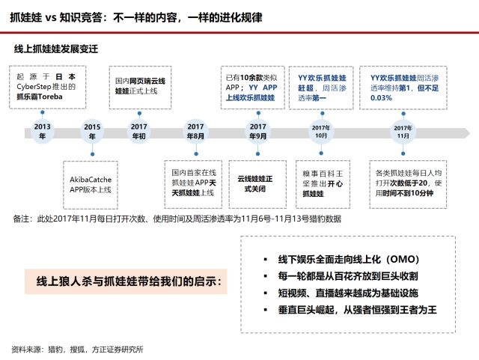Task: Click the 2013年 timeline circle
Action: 42,132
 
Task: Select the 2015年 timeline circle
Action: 92,132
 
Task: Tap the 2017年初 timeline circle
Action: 139,132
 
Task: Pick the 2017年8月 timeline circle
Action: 195,132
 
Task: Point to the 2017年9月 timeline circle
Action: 257,132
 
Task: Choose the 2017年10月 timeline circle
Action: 321,132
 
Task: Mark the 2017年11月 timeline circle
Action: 403,132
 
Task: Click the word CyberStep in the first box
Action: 34,87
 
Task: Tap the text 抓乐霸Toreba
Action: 40,97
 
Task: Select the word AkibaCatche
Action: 91,180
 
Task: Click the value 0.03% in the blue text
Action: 381,98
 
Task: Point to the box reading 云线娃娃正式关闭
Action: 257,184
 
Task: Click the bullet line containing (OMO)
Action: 348,260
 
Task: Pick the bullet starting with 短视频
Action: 347,293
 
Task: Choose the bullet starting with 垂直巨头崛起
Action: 357,310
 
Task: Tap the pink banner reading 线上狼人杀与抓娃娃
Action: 126,281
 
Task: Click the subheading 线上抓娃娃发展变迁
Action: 56,49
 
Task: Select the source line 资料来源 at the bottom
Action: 77,350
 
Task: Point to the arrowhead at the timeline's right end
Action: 467,133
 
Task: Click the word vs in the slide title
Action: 51,18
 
